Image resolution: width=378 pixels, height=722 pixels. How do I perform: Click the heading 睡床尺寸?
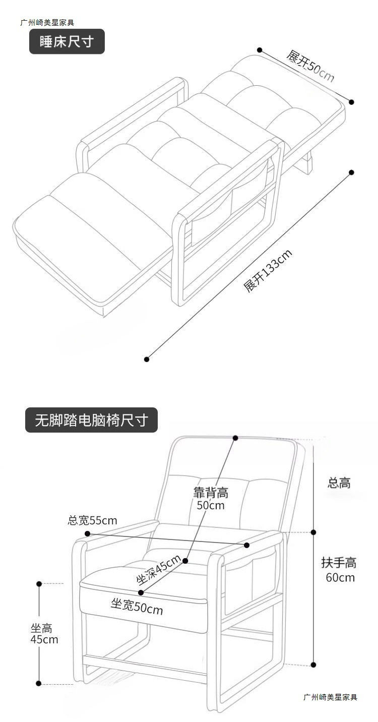click(67, 41)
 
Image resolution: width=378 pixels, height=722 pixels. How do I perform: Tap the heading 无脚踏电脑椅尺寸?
click(91, 420)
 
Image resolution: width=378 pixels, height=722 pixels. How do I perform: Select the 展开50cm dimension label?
click(310, 66)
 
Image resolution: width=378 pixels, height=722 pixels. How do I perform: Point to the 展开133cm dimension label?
click(268, 271)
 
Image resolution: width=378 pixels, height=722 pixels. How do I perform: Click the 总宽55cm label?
click(92, 520)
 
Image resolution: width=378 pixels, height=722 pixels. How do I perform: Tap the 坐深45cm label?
click(159, 570)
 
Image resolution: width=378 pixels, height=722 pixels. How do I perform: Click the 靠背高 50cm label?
click(211, 498)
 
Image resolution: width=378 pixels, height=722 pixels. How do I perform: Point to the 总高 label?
click(339, 483)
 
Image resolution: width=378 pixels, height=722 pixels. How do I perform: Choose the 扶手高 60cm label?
click(339, 569)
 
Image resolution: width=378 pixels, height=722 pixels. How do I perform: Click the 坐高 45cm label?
click(44, 634)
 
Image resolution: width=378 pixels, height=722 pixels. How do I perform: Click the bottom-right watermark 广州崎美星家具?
click(330, 697)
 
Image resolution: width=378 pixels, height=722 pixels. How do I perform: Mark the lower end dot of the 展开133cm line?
click(147, 359)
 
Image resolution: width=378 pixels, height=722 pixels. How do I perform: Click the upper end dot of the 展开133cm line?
click(351, 172)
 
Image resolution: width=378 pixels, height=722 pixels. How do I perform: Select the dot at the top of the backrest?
click(235, 438)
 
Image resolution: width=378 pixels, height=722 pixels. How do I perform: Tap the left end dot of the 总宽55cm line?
click(87, 533)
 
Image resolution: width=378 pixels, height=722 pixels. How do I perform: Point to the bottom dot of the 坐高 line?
click(39, 684)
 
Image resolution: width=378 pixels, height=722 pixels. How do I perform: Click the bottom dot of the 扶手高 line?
click(313, 665)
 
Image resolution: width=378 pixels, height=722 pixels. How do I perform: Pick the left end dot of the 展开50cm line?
click(260, 50)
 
